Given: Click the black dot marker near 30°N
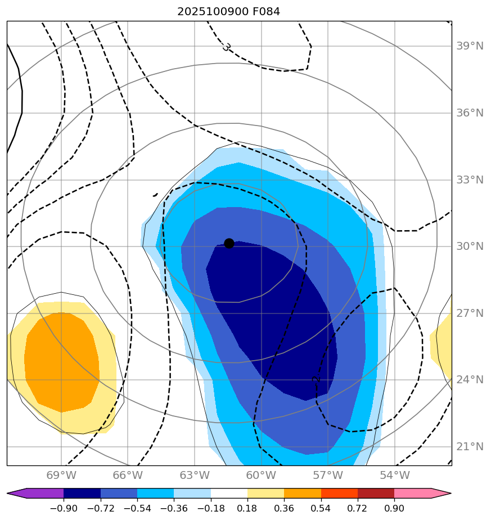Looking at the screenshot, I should [229, 243].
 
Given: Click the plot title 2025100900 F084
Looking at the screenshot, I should [228, 11].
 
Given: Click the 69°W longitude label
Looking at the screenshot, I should [61, 476].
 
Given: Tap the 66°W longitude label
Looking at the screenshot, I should [128, 476].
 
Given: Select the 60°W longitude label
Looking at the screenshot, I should [261, 476].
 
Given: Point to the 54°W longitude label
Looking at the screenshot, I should [394, 476].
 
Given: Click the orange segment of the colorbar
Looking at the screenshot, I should [303, 494].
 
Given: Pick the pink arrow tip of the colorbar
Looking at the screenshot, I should [442, 494].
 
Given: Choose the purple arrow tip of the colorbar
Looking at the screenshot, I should [17, 494].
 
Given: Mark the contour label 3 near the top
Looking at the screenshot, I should [226, 47].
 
